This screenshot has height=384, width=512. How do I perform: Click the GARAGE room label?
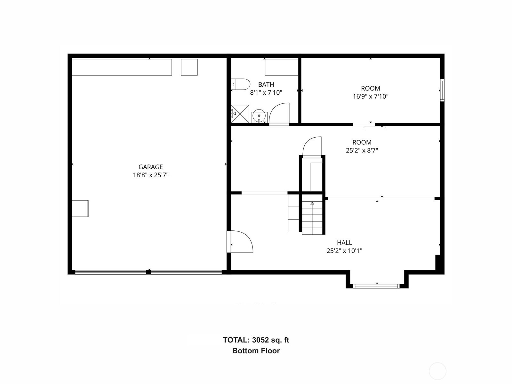coord(150,167)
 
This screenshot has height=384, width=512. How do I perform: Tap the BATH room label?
coord(266,84)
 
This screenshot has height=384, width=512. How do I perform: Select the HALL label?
coord(344,243)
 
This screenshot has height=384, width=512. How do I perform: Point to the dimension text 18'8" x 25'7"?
coord(150,175)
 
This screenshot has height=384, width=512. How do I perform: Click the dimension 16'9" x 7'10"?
coord(371,96)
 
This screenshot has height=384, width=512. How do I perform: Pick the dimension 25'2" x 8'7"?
coord(362,150)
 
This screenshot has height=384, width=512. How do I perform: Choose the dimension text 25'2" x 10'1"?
coord(344,251)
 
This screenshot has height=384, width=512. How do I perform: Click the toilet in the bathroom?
coord(241,84)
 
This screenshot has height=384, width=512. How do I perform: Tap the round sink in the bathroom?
coord(259,116)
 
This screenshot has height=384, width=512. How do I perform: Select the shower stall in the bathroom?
coord(240,114)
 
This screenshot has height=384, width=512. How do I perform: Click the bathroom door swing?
coord(279,114)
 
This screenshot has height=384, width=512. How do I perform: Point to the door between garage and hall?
coord(241,242)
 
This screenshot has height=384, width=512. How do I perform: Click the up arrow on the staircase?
coord(312,204)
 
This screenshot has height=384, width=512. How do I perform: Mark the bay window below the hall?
coord(377,286)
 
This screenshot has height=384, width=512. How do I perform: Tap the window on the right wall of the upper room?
coord(442,90)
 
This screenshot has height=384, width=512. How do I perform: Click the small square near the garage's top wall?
coord(189,67)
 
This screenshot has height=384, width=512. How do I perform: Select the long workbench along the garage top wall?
coord(122,67)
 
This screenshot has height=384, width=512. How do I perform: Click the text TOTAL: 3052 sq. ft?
coord(256,340)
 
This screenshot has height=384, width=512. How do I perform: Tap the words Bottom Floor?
coord(256,351)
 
